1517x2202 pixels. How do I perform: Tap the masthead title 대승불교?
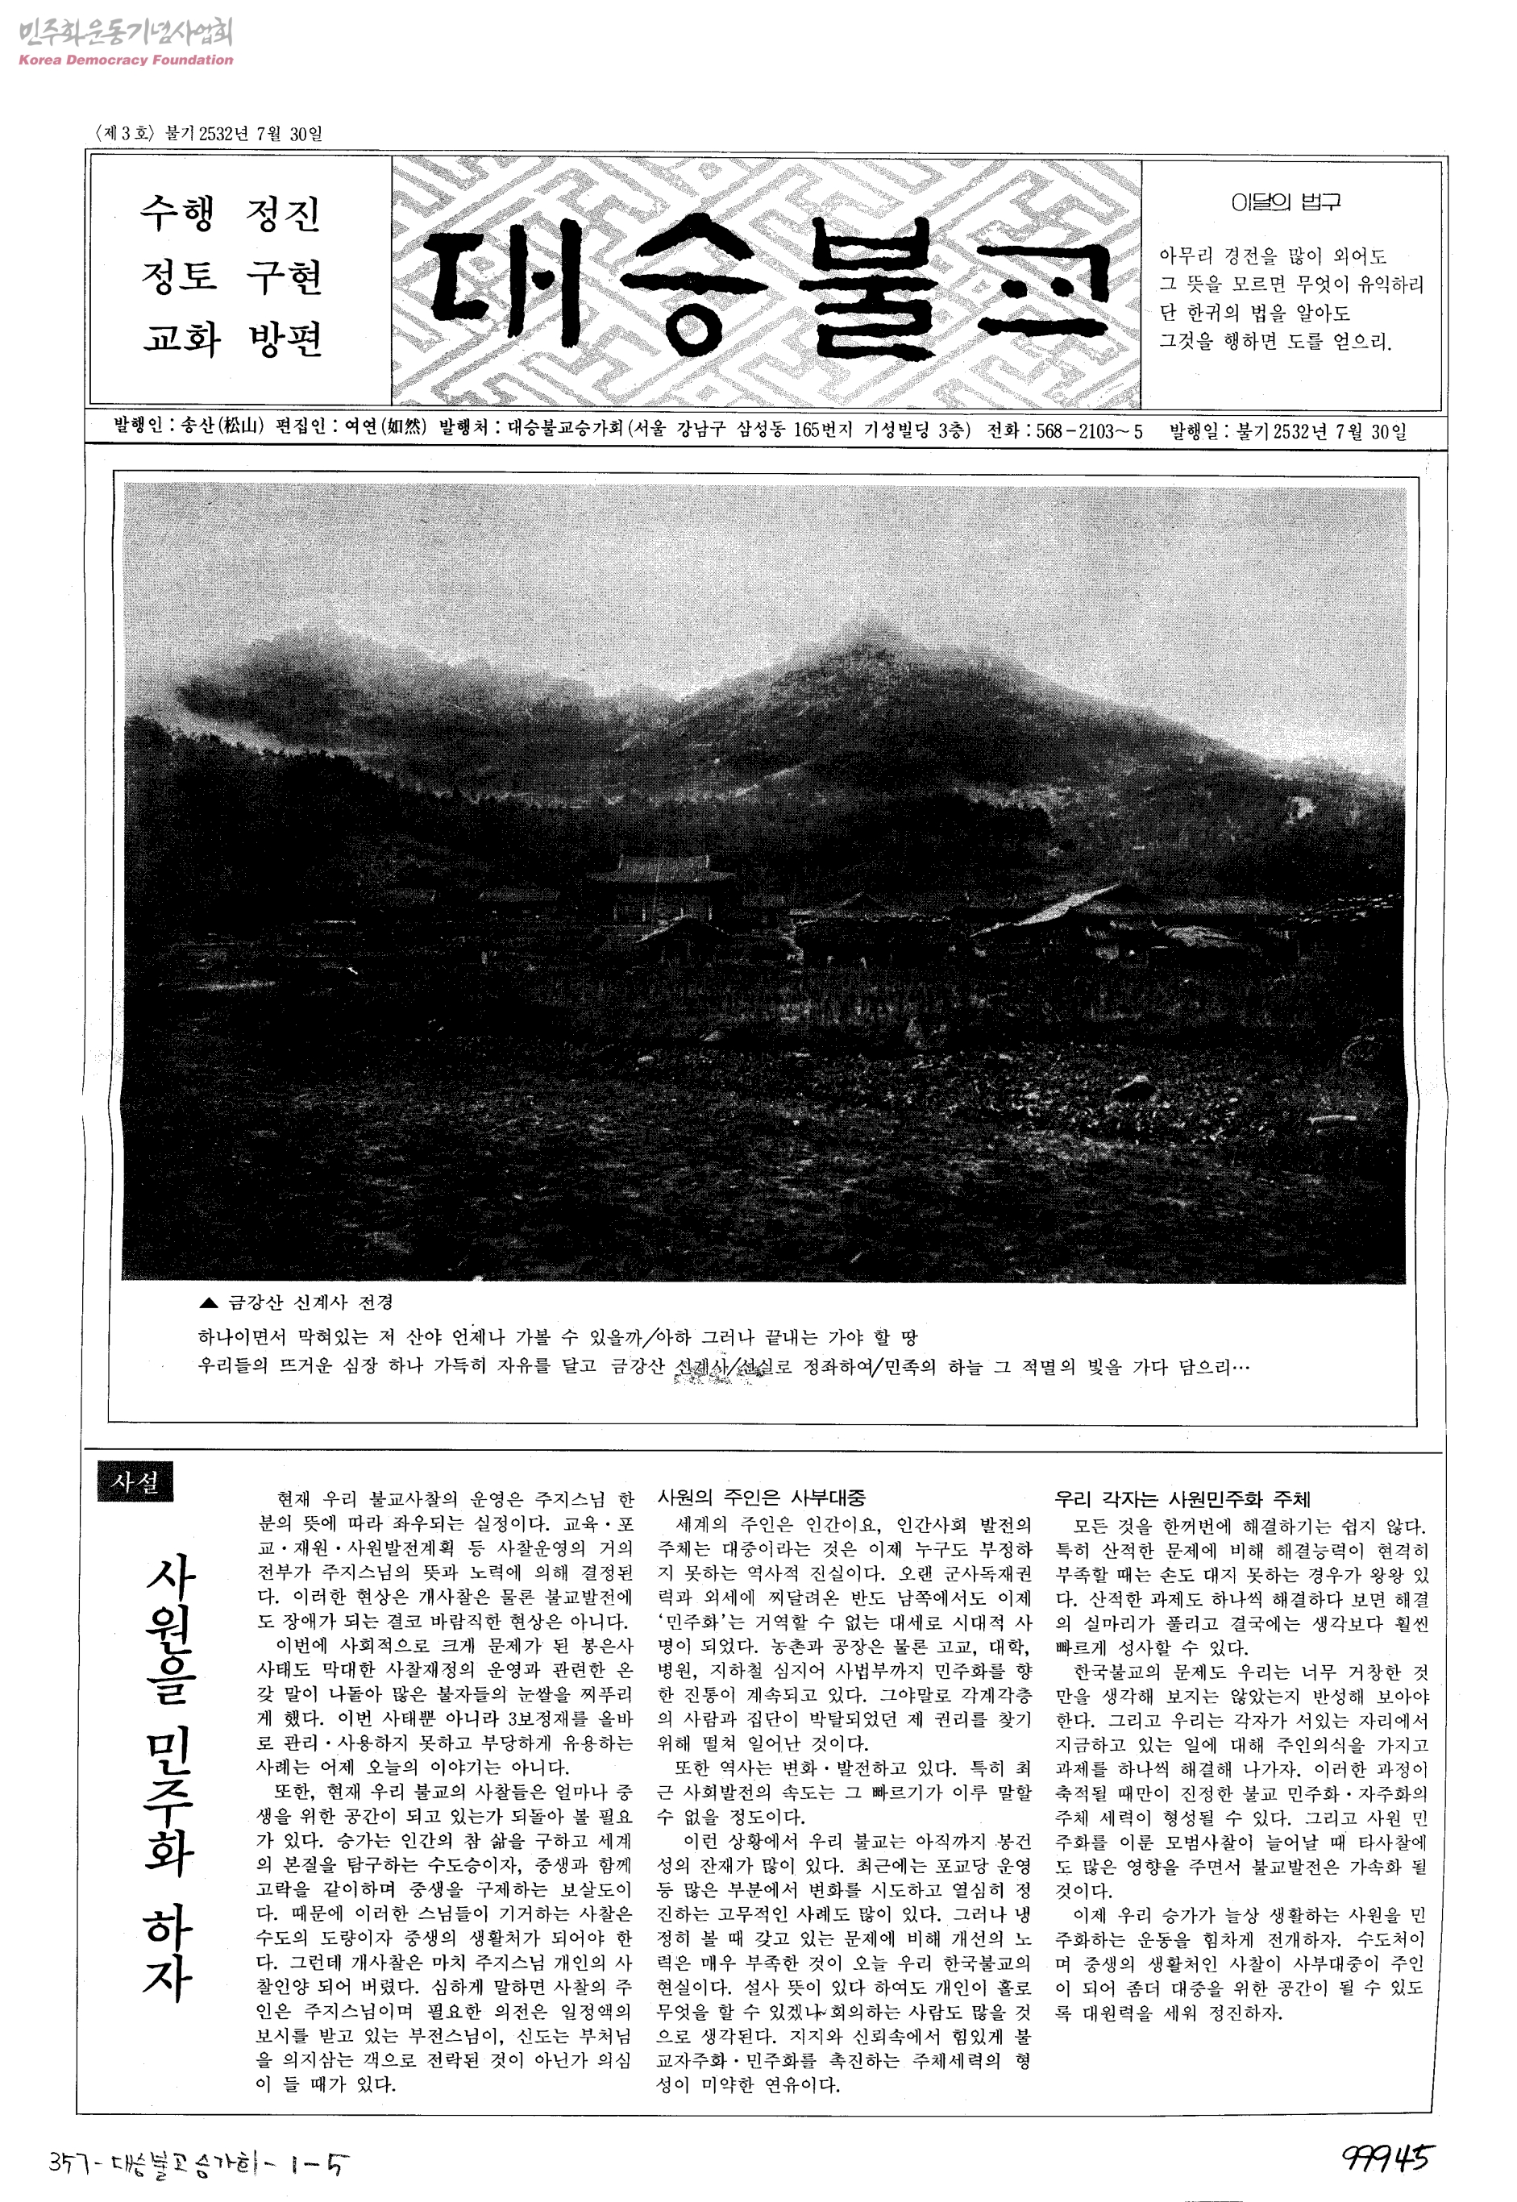pyautogui.click(x=768, y=283)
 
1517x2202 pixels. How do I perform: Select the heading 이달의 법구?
pyautogui.click(x=1285, y=202)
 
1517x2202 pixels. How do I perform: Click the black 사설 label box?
pyautogui.click(x=135, y=1481)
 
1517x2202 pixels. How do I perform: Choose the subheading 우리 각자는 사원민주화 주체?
pyautogui.click(x=1182, y=1500)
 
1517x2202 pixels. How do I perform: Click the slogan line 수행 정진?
pyautogui.click(x=231, y=213)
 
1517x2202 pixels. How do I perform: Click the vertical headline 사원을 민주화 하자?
pyautogui.click(x=169, y=1776)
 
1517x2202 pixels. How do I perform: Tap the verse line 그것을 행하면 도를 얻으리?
pyautogui.click(x=1274, y=341)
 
